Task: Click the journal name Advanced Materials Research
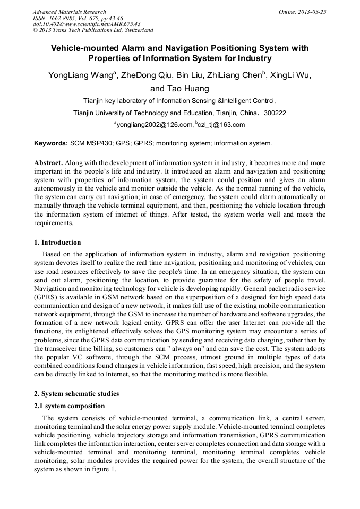[x=70, y=12]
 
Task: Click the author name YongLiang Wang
[x=80, y=75]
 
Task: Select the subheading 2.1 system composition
[x=70, y=406]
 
